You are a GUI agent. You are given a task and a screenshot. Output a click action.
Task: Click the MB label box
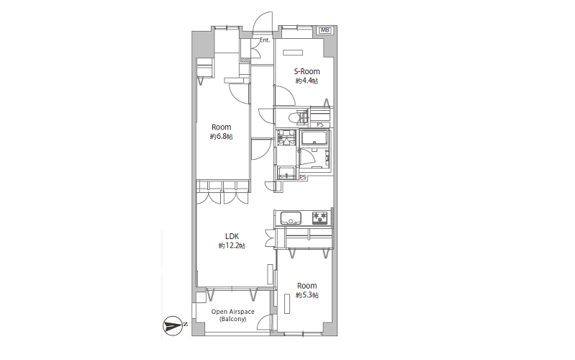[325, 30]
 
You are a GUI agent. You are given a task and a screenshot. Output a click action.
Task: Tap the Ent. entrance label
[265, 40]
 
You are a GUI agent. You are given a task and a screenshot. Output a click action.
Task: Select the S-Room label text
[307, 71]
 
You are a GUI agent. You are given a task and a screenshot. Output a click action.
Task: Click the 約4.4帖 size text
[307, 81]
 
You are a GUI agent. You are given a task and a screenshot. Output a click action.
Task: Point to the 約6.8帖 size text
[221, 137]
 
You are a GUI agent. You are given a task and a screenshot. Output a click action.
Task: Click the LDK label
[232, 236]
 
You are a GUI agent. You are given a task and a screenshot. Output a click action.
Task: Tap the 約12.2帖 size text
[232, 246]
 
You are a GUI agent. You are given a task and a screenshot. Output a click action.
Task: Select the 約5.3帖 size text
[307, 295]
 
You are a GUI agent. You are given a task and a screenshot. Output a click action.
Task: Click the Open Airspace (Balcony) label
[233, 315]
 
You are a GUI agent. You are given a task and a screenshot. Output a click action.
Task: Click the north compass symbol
[173, 325]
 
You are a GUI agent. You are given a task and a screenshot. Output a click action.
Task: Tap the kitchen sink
[291, 218]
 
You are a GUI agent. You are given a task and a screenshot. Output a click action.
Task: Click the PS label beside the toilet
[320, 125]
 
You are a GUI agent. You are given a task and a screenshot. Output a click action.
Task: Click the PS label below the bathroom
[303, 178]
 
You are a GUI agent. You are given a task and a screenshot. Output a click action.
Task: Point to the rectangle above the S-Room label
[293, 53]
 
